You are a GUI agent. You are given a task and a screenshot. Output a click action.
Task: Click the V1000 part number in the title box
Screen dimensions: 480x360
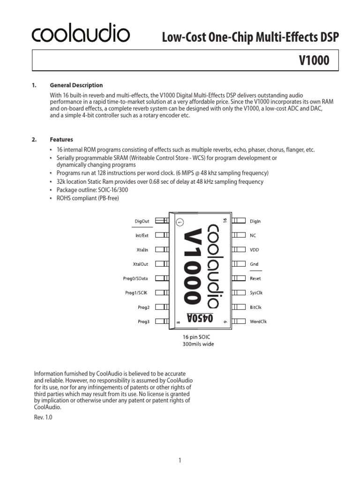[x=314, y=60]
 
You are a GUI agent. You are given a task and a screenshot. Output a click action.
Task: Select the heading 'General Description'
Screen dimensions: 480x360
[x=76, y=85]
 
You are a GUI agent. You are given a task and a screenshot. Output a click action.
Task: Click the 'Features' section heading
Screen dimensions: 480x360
[x=61, y=140]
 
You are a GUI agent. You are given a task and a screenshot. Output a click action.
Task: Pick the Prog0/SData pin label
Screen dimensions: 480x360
[x=136, y=278]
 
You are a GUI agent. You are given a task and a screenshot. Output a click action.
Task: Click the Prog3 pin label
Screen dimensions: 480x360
[x=143, y=322]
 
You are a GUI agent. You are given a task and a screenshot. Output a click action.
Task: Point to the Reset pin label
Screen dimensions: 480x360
[x=255, y=278]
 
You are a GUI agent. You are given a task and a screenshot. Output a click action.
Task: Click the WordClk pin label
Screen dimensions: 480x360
[x=258, y=322]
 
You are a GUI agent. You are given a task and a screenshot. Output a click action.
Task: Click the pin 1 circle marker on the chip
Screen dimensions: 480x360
[x=180, y=222]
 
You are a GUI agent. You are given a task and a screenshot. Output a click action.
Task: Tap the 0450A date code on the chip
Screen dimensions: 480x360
[x=200, y=318]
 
